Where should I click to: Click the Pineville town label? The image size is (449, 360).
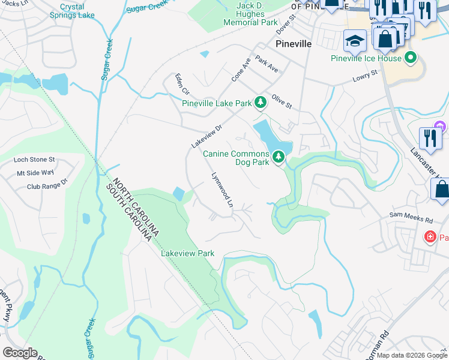pyautogui.click(x=293, y=44)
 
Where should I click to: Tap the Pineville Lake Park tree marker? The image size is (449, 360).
pyautogui.click(x=260, y=103)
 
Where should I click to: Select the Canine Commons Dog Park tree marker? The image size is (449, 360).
pyautogui.click(x=278, y=157)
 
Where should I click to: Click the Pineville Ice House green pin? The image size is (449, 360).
pyautogui.click(x=411, y=58)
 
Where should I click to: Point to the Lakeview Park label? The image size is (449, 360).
pyautogui.click(x=187, y=254)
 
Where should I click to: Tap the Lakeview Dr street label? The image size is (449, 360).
pyautogui.click(x=207, y=136)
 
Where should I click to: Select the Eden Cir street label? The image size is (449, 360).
pyautogui.click(x=182, y=85)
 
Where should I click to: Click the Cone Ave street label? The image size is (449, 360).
pyautogui.click(x=241, y=70)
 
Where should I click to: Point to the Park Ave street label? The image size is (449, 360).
pyautogui.click(x=267, y=65)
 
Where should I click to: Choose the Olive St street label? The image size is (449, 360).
pyautogui.click(x=281, y=101)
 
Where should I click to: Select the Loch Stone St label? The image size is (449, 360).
pyautogui.click(x=34, y=160)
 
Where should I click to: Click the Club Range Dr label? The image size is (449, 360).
pyautogui.click(x=47, y=186)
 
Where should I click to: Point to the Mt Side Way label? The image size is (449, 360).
pyautogui.click(x=35, y=173)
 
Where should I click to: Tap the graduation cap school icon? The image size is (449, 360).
pyautogui.click(x=355, y=41)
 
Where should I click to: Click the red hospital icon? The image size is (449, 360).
pyautogui.click(x=430, y=237)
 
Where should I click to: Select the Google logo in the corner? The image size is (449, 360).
pyautogui.click(x=19, y=353)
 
